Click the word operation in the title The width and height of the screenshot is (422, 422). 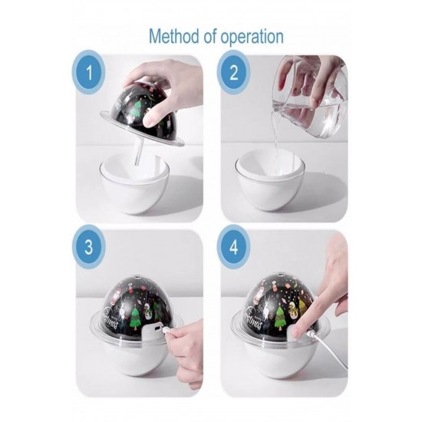click(252, 37)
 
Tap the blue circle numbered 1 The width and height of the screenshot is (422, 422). click(89, 72)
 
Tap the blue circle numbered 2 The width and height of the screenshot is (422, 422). click(233, 72)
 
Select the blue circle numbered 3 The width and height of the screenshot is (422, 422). click(89, 246)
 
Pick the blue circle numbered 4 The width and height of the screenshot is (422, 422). click(233, 246)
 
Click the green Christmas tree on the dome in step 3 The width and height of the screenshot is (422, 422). click(134, 315)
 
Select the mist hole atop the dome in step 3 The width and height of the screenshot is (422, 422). click(138, 276)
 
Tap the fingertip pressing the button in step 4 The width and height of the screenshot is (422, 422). click(298, 331)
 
